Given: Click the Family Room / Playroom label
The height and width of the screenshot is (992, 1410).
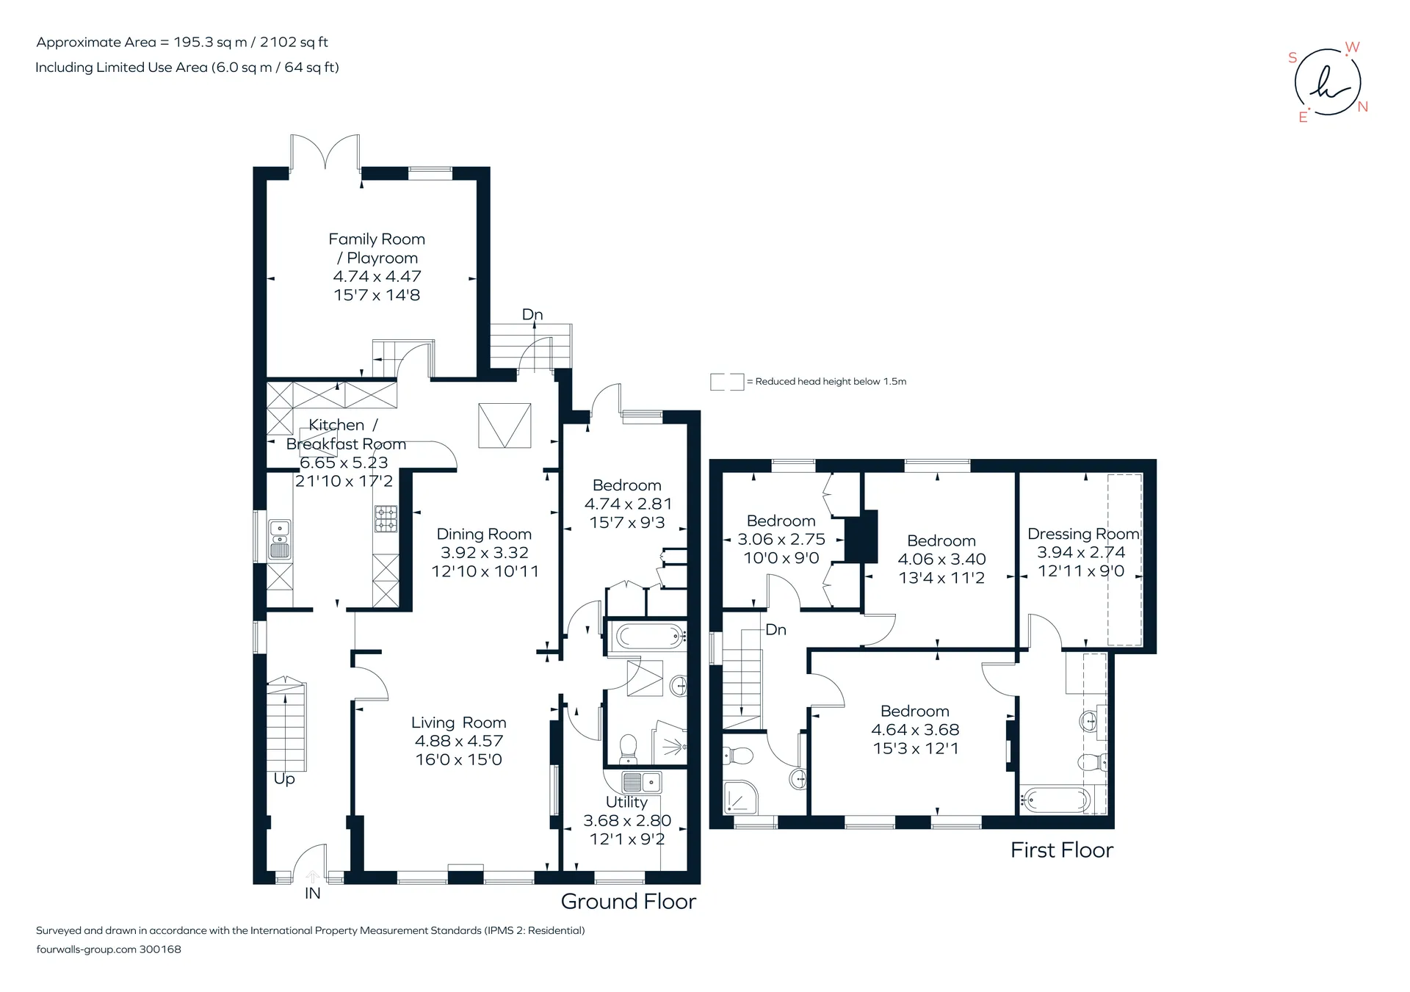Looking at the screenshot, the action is (x=377, y=248).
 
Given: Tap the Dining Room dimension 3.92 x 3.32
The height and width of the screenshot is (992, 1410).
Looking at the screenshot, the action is (x=485, y=553).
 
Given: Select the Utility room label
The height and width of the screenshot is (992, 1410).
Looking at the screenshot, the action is (x=626, y=802).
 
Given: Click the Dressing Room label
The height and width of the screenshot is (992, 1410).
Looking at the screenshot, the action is (x=1083, y=534).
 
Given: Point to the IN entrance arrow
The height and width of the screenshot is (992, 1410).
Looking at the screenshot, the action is (x=312, y=875).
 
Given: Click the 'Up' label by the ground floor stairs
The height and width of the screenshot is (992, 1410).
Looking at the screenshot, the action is (x=284, y=779).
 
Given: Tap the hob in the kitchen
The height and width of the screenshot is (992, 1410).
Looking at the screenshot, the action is (x=386, y=519).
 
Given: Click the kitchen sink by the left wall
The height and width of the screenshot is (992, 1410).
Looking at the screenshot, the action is (x=280, y=540).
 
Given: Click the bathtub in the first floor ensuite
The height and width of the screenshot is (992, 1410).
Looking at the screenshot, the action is (x=1055, y=800).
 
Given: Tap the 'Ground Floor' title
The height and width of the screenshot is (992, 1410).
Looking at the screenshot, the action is (x=629, y=902).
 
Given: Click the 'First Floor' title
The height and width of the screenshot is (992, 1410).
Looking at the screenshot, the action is (x=1062, y=850).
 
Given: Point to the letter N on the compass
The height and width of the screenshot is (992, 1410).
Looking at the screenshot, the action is (x=1363, y=107).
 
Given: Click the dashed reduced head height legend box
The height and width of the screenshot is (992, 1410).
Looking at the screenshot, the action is (x=727, y=382).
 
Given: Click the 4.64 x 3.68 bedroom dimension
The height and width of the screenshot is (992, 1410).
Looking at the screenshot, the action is (x=915, y=730).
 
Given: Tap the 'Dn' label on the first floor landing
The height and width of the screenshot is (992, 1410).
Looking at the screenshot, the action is (x=775, y=630).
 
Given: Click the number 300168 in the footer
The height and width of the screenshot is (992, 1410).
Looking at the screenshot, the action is (x=160, y=949).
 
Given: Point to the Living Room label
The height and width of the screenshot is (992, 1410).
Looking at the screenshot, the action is (x=459, y=723).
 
